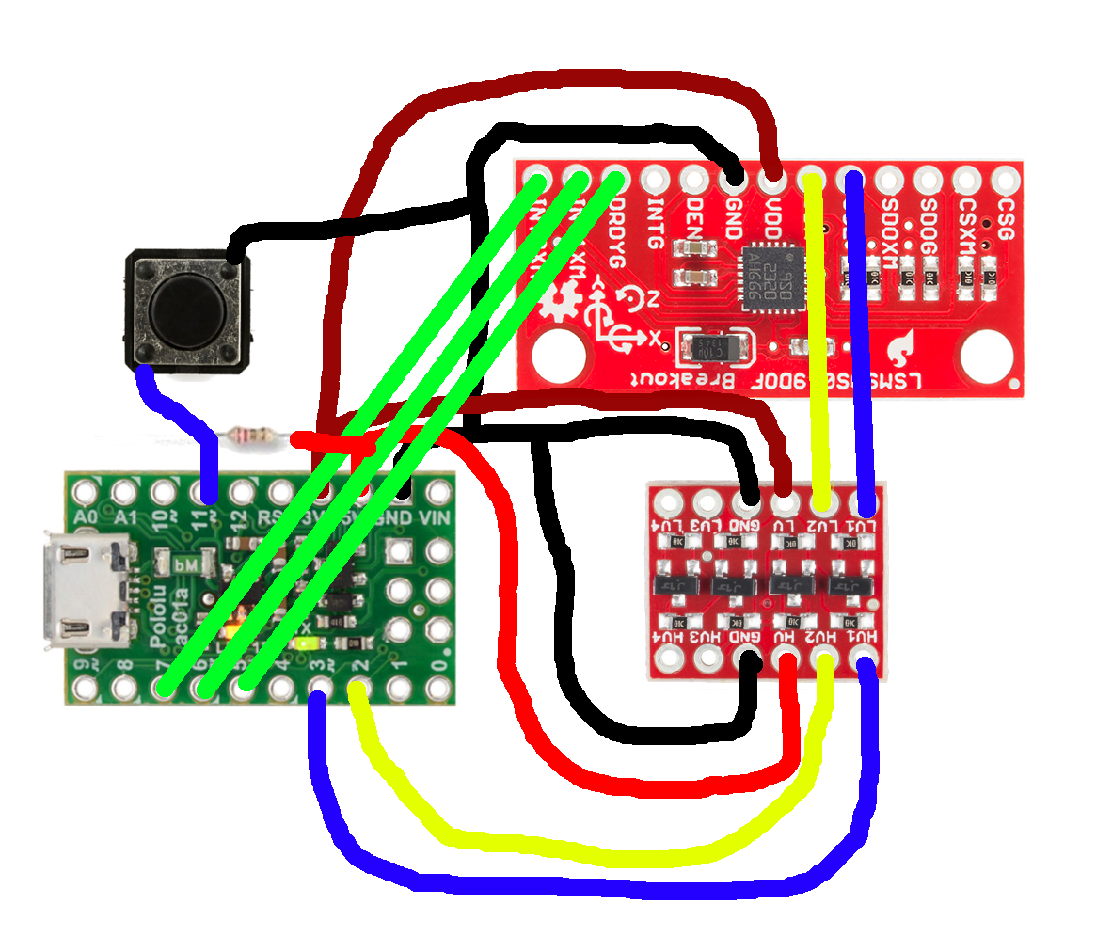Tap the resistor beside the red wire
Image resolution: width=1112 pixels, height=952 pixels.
(x=254, y=436)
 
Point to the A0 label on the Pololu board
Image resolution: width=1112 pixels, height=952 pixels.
(x=85, y=517)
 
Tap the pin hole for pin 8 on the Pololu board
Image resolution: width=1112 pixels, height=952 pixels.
(x=124, y=690)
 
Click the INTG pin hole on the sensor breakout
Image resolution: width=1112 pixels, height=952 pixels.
(x=655, y=178)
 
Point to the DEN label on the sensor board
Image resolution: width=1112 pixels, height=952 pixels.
(x=694, y=217)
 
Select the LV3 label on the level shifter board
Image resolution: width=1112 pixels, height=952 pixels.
(x=707, y=525)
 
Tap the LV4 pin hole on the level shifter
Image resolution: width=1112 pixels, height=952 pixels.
(x=669, y=500)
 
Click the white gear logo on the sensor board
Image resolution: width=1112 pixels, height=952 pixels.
(x=563, y=303)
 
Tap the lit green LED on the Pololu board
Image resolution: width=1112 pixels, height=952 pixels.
(x=305, y=644)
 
